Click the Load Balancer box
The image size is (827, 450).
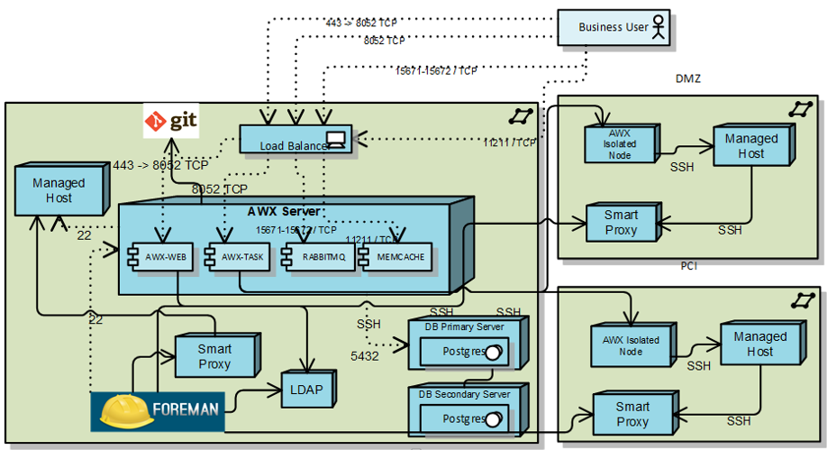[296, 139]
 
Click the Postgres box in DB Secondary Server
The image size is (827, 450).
[465, 419]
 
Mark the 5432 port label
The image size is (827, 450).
[366, 356]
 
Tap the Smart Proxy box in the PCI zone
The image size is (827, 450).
[632, 414]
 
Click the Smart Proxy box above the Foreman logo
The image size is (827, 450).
[214, 356]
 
